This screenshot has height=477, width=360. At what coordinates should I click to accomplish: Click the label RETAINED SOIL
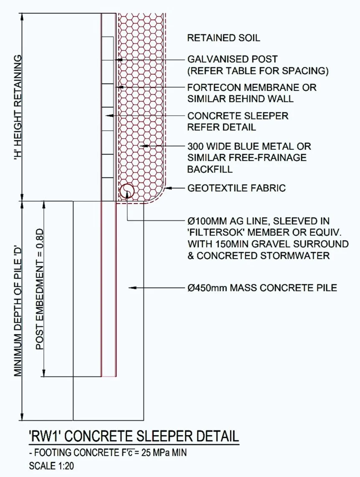tap(224, 38)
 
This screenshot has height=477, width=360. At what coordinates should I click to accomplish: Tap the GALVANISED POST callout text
tap(232, 60)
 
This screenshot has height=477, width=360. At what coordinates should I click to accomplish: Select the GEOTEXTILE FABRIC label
tap(237, 188)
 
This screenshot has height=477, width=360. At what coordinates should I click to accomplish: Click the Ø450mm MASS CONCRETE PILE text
tap(262, 288)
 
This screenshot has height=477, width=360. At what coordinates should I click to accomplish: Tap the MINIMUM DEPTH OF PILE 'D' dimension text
tap(18, 310)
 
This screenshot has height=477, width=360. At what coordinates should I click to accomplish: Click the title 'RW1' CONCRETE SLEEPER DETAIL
tap(133, 437)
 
